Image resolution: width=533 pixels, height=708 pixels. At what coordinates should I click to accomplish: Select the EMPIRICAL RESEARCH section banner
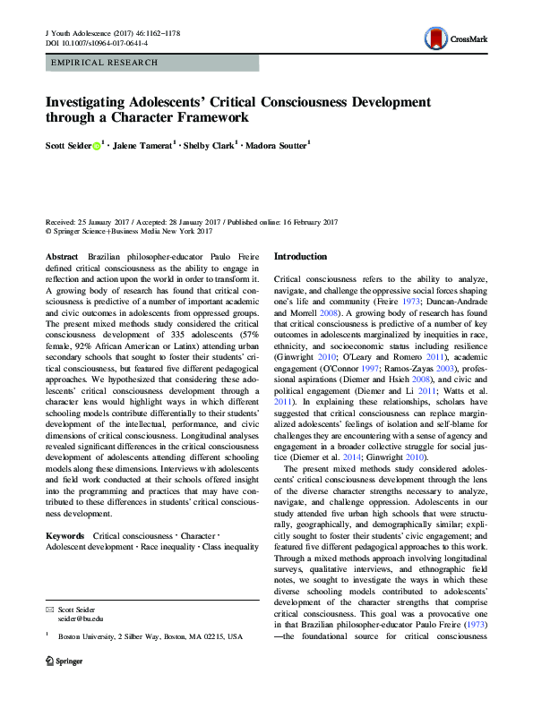pyautogui.click(x=106, y=63)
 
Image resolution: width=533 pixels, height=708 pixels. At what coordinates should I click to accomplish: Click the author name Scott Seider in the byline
pyautogui.click(x=67, y=143)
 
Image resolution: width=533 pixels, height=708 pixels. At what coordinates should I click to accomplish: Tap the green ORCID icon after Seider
pyautogui.click(x=96, y=143)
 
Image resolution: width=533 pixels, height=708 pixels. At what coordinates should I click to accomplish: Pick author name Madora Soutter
pyautogui.click(x=273, y=143)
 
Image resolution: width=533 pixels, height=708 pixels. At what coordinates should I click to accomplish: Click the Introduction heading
pyautogui.click(x=300, y=256)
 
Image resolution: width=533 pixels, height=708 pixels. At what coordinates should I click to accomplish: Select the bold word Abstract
pyautogui.click(x=61, y=256)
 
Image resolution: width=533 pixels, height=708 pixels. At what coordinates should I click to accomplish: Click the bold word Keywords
pyautogui.click(x=64, y=534)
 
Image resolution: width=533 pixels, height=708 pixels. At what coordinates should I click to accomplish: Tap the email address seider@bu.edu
pyautogui.click(x=81, y=618)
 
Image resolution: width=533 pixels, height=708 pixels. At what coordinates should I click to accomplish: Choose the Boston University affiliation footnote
pyautogui.click(x=138, y=636)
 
